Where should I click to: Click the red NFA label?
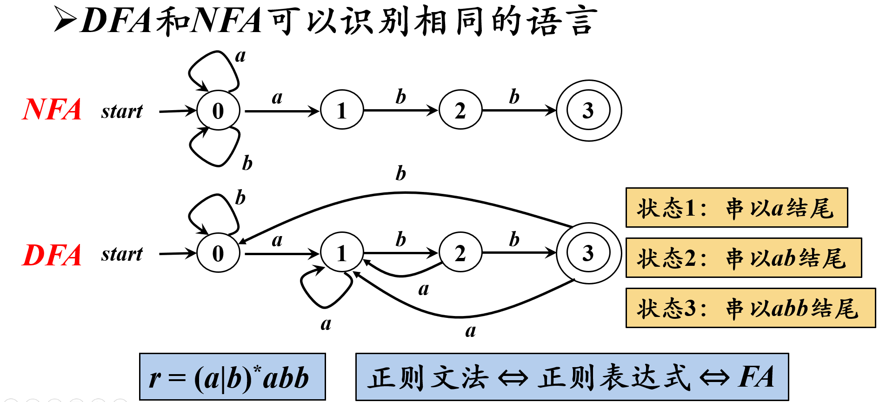[x=52, y=110]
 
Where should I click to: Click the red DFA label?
[x=52, y=256]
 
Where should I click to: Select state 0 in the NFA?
[x=218, y=111]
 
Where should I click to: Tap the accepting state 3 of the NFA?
[x=588, y=111]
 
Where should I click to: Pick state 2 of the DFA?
[x=460, y=253]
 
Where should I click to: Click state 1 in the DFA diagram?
[x=341, y=253]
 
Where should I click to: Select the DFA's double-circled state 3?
[x=588, y=253]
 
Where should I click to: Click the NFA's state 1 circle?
[x=341, y=111]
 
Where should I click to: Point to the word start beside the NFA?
[x=122, y=112]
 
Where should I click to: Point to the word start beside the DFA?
[x=122, y=254]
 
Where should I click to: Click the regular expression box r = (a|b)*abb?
[x=232, y=377]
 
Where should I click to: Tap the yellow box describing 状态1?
[x=736, y=208]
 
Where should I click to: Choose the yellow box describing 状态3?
[x=750, y=308]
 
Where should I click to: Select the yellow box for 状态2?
[x=743, y=258]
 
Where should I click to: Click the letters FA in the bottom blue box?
[x=756, y=377]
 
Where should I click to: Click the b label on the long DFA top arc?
[x=400, y=173]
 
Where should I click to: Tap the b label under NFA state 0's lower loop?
[x=247, y=163]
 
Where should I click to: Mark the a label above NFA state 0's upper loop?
[x=240, y=56]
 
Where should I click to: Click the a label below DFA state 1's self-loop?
[x=326, y=324]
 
